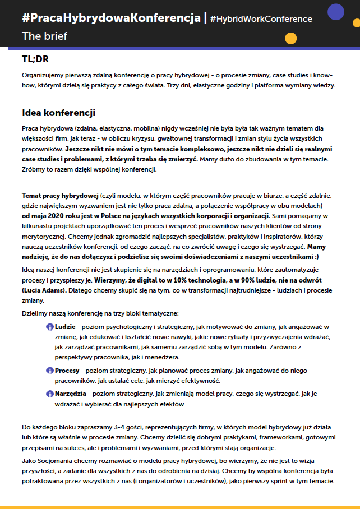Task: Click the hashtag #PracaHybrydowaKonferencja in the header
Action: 111,18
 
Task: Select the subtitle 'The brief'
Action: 44,36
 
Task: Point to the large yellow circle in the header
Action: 290,38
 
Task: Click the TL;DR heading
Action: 35,59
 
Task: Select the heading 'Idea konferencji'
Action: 58,113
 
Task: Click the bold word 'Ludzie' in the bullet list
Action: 65,326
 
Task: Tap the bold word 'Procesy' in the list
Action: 68,371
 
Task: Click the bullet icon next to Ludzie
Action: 50,326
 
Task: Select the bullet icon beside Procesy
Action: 50,371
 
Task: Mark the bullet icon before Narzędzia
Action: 50,393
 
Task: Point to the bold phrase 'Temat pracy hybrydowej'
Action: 60,196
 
